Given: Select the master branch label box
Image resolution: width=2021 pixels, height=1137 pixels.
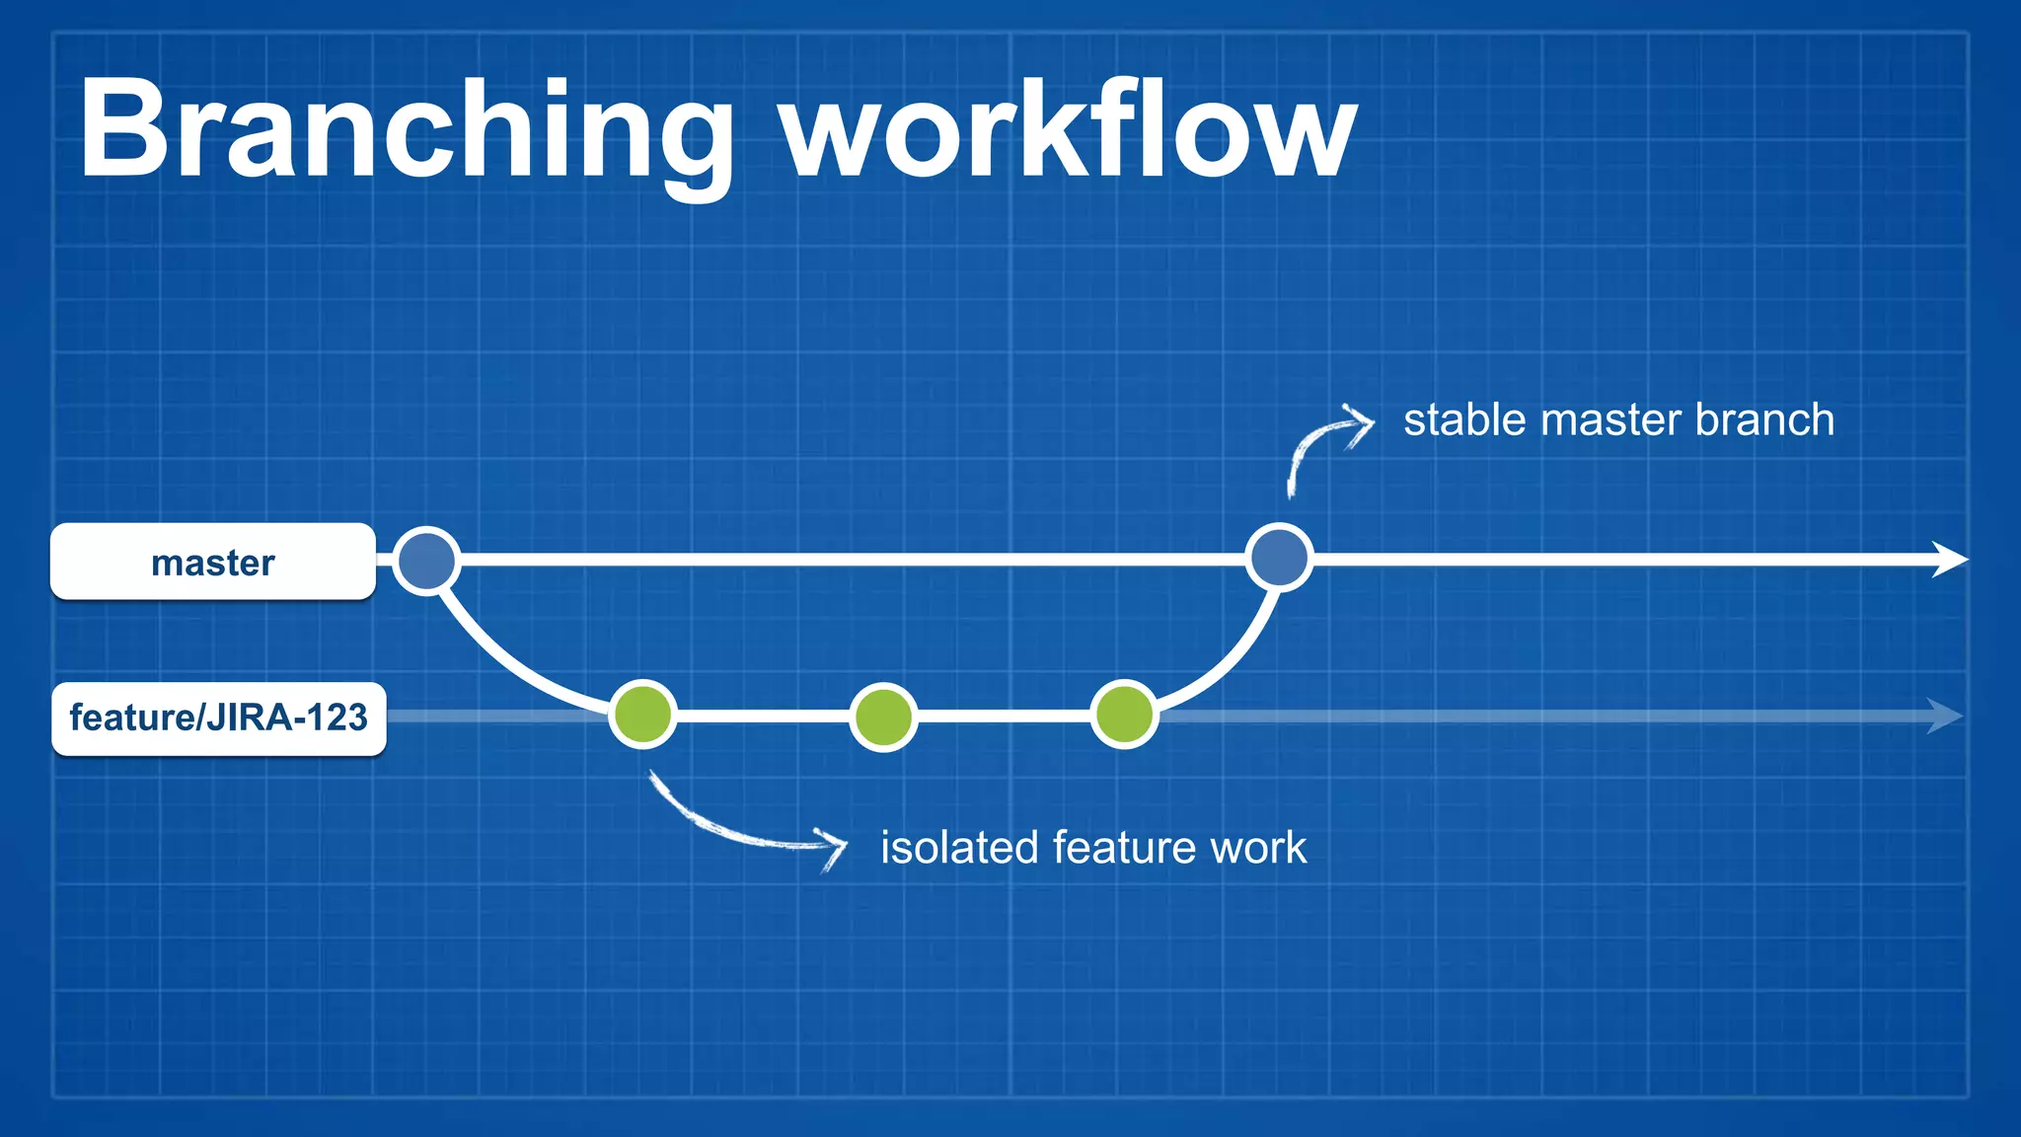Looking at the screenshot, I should [x=213, y=562].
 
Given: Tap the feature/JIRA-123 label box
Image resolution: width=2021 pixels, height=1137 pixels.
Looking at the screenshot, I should [x=218, y=718].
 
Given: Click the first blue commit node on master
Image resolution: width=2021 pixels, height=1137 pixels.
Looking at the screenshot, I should [x=426, y=560].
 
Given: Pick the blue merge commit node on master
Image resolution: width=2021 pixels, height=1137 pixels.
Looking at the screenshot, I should [x=1279, y=558].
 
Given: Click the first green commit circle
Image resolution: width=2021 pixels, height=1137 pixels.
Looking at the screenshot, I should [x=642, y=715].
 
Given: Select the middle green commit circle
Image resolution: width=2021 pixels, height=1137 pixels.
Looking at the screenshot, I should [x=883, y=717].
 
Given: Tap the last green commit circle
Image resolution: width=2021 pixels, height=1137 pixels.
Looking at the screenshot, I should [x=1124, y=715].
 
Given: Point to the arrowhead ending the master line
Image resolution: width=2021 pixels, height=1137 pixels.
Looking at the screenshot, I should [x=1949, y=559].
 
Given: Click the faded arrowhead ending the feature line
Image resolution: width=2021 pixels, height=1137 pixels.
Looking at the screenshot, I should [x=1944, y=716].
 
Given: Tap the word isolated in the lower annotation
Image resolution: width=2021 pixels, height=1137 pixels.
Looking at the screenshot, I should [x=959, y=848].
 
